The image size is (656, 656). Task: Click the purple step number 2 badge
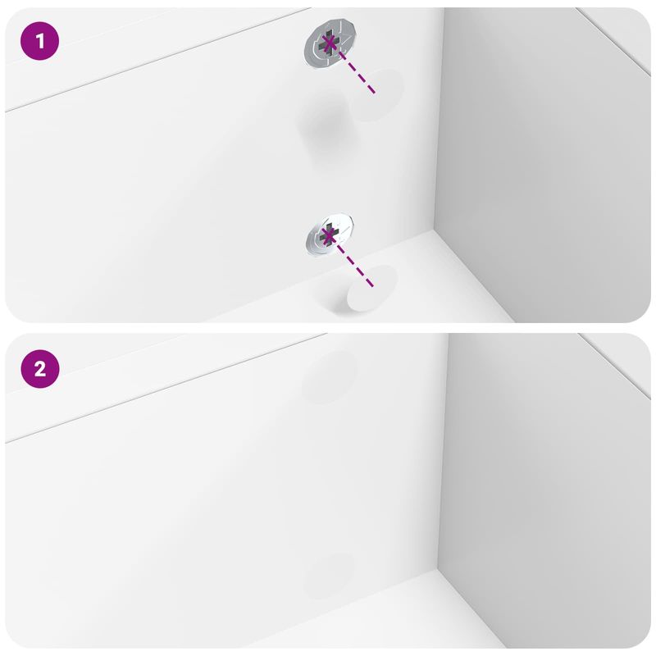(40, 370)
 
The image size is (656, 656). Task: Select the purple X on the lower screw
(329, 237)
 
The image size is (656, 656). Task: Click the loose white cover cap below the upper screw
(377, 95)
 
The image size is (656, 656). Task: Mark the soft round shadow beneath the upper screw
(321, 119)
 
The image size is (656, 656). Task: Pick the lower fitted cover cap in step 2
(330, 573)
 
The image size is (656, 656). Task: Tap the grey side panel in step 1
(541, 164)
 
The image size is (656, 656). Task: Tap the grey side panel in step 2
(541, 492)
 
